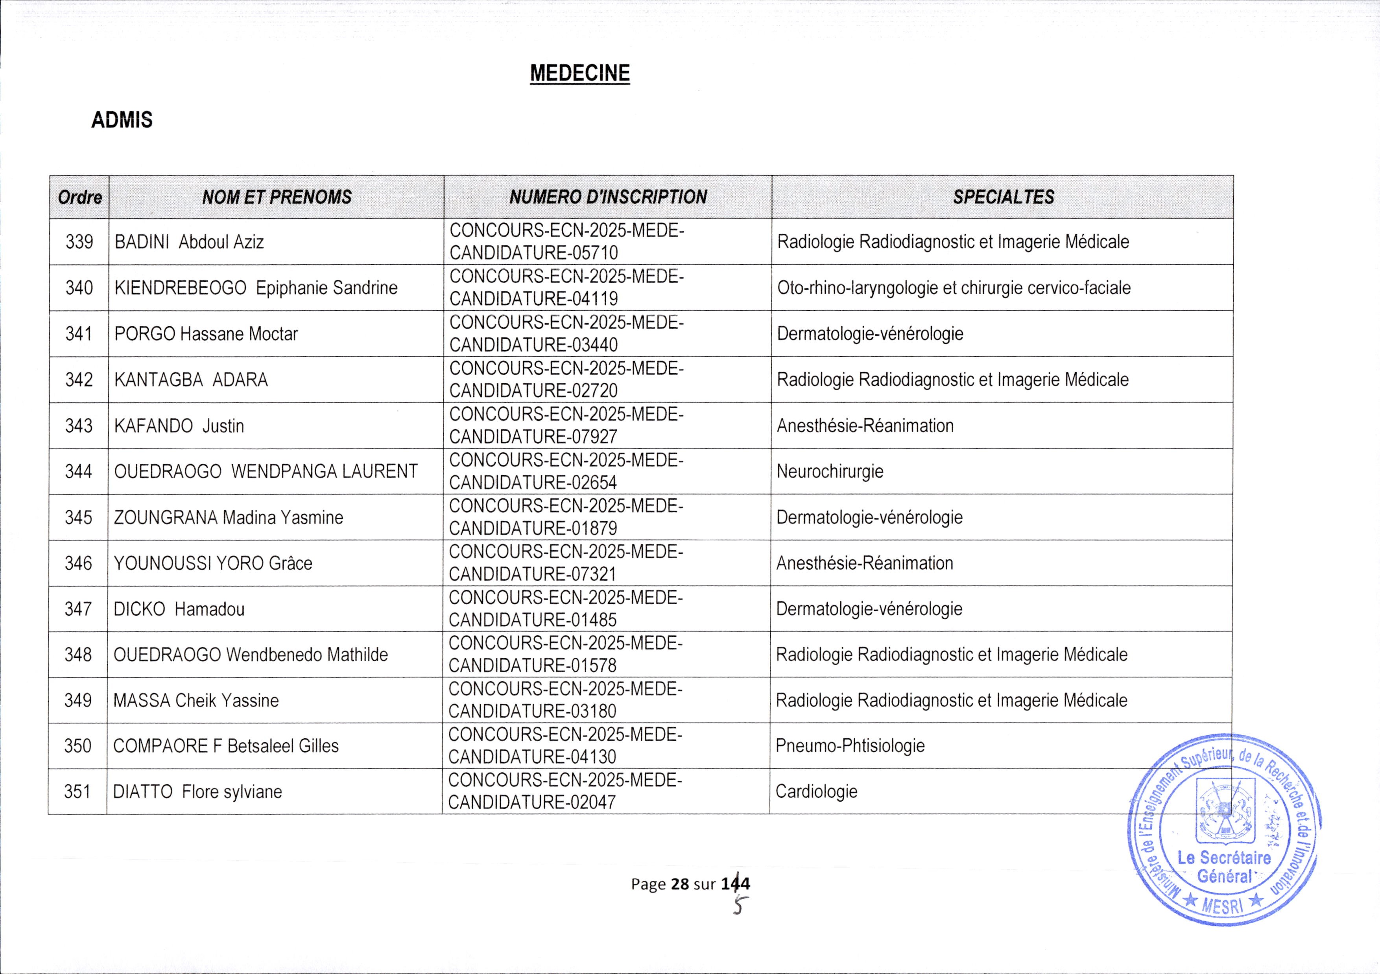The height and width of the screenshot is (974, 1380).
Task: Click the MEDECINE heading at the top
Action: pos(579,73)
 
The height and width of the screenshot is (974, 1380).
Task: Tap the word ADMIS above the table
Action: pos(122,120)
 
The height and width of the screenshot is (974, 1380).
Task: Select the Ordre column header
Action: pos(80,197)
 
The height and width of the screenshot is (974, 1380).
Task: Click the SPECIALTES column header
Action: pos(1003,197)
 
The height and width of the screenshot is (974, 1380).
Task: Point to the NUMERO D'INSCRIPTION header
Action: pos(608,197)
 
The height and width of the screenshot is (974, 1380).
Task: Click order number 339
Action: pos(79,242)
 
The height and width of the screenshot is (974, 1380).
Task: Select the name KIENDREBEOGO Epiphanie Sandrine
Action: pos(255,288)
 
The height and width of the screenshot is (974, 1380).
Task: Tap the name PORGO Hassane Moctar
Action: pos(206,334)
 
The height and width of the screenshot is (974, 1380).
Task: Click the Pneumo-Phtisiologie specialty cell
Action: pos(850,746)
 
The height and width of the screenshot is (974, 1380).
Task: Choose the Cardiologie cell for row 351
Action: pos(816,791)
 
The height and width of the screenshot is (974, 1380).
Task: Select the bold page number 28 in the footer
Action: pos(680,884)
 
